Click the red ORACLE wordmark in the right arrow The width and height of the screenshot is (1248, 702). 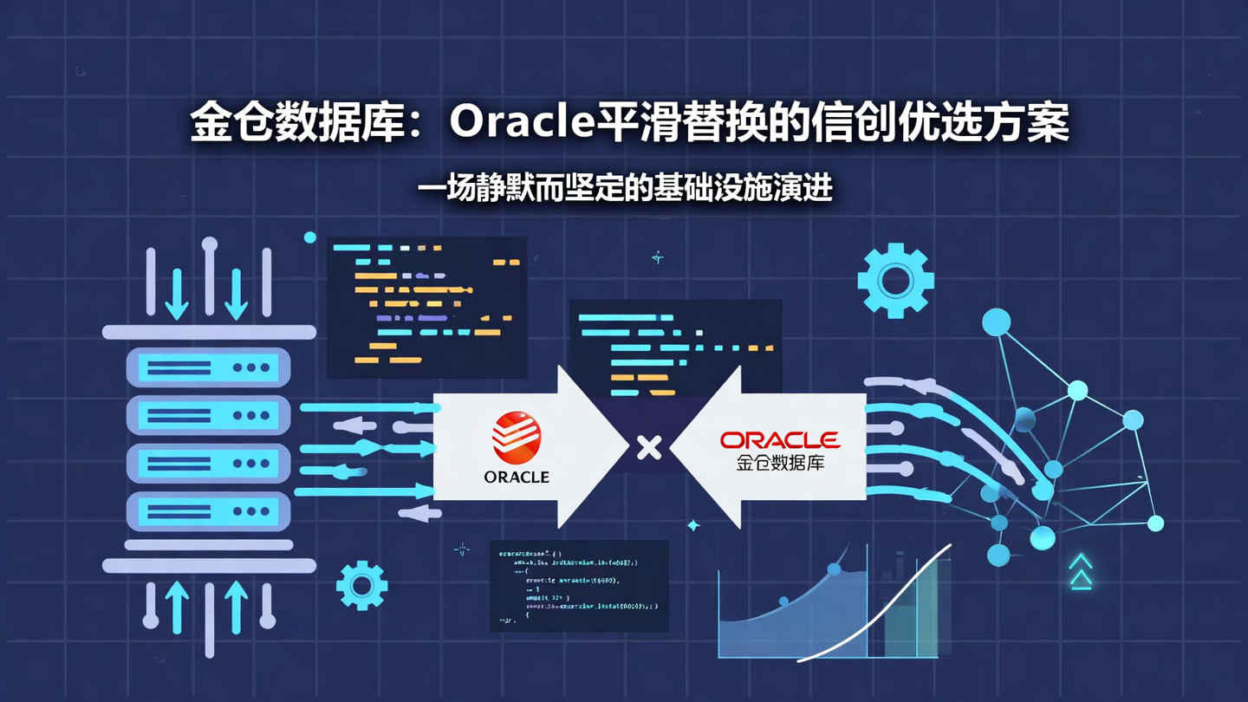coord(780,440)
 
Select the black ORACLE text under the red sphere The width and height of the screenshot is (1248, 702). coord(517,477)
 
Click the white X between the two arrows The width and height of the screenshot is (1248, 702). coord(649,447)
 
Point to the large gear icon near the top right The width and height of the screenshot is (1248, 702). coord(895,281)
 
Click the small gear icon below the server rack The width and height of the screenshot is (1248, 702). coord(361,585)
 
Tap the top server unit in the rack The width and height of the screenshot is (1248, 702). coord(208,367)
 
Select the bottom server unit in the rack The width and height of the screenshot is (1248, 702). coord(208,511)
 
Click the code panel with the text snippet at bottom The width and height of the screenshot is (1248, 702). coord(579,585)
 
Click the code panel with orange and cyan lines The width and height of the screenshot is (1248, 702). coord(426,307)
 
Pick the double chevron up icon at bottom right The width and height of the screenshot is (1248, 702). coord(1080,573)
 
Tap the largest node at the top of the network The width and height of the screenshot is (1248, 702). coord(997,322)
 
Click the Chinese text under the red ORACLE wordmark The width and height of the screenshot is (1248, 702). coord(780,463)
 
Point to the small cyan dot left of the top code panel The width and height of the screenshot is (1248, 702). coord(310,237)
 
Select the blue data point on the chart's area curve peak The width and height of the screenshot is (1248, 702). coord(834,569)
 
